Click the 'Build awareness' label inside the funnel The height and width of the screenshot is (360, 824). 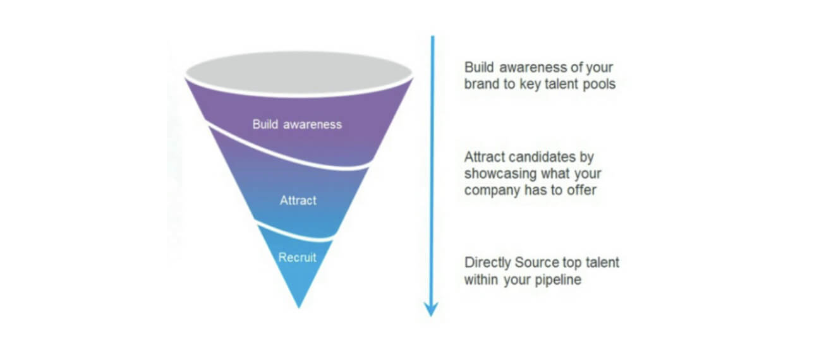(297, 124)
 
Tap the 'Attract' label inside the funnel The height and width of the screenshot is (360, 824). (298, 200)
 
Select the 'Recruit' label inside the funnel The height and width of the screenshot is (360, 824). (297, 257)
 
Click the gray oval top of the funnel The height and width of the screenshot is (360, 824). (299, 73)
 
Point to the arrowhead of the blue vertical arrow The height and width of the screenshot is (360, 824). (431, 309)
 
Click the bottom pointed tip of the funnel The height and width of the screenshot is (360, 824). (299, 308)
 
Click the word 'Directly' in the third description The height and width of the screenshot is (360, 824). (488, 263)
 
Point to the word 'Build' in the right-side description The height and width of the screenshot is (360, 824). (479, 68)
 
